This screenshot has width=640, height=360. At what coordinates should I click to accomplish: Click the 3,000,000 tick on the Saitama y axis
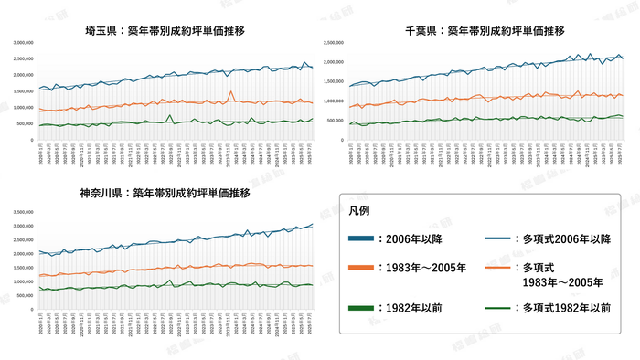(x=24, y=43)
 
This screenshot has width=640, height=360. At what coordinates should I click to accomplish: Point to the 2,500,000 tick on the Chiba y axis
(x=331, y=43)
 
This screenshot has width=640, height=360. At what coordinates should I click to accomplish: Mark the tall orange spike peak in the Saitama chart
(x=231, y=92)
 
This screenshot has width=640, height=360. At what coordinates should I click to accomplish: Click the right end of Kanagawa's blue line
(x=312, y=224)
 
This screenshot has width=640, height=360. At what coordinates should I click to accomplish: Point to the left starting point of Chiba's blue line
(x=350, y=86)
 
